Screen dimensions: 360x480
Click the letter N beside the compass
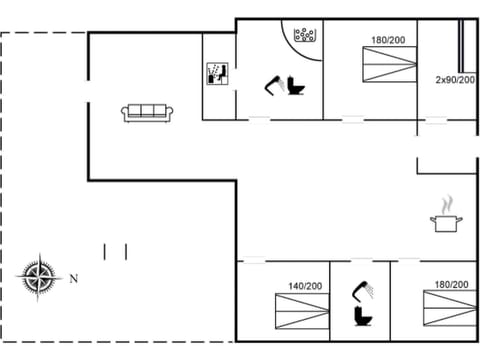click(x=73, y=279)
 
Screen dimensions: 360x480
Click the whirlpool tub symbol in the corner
click(x=305, y=36)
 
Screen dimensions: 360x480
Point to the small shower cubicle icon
click(x=217, y=73)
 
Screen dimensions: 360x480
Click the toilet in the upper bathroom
click(x=296, y=87)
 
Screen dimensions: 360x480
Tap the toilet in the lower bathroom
click(x=361, y=317)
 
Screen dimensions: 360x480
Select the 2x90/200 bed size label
click(x=455, y=79)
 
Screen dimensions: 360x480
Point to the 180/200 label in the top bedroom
click(x=388, y=41)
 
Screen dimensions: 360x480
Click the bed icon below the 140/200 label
click(x=301, y=311)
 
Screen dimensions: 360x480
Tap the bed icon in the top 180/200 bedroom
click(x=387, y=69)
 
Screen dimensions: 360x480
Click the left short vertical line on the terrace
click(x=105, y=251)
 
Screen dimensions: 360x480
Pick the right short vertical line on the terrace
click(x=126, y=251)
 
